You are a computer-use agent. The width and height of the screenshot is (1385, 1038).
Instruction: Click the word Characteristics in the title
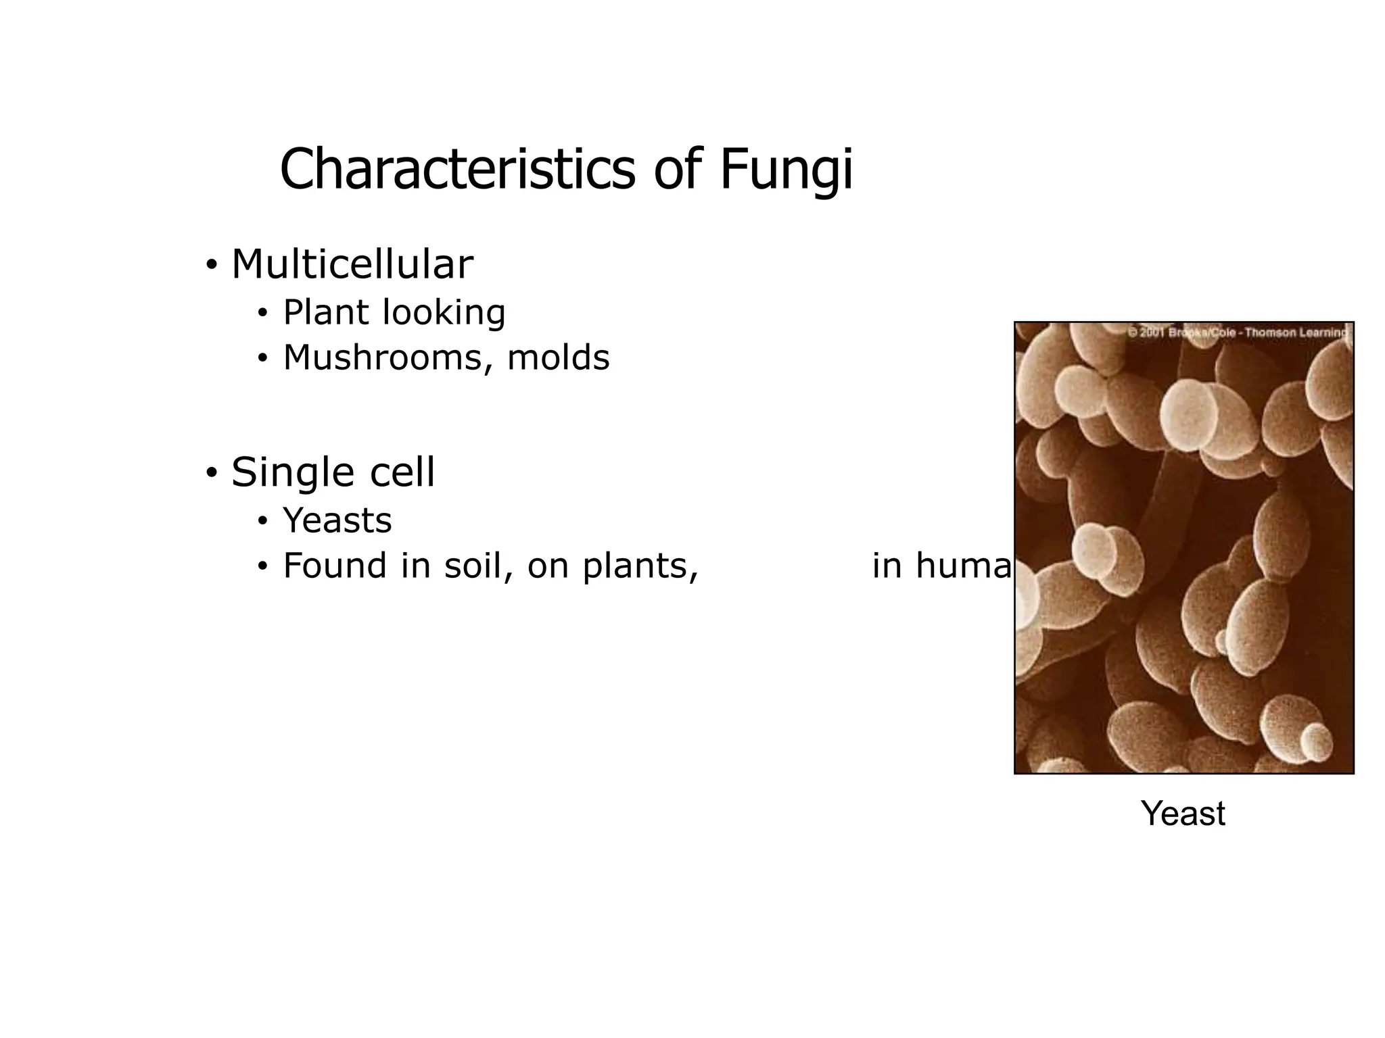(457, 170)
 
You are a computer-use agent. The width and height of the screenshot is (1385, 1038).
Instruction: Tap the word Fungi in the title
(786, 170)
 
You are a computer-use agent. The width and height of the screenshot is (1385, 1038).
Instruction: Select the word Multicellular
(352, 264)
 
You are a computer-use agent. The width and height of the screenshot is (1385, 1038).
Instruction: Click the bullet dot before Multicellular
(212, 264)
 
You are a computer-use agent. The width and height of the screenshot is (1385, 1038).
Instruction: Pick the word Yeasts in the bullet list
(337, 520)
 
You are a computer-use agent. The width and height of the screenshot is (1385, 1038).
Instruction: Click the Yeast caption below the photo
(1183, 813)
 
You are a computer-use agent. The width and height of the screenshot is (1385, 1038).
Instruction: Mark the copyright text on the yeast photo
(1237, 332)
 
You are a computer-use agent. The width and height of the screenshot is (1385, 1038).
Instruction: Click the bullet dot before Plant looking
(263, 314)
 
